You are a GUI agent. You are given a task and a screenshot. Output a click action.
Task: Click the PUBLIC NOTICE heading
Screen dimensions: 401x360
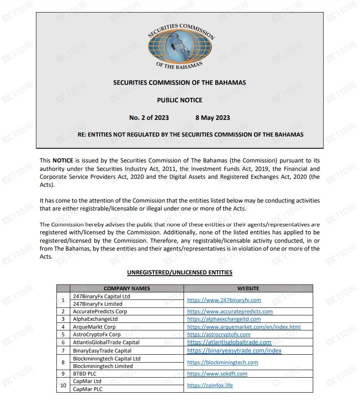[x=179, y=100]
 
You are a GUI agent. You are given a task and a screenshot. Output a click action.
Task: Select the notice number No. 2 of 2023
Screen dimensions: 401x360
[x=149, y=118]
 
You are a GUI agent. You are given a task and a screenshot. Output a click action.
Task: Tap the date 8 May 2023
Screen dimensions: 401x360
[x=212, y=118]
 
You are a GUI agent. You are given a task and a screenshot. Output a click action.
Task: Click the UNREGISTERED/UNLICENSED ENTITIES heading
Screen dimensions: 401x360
[x=179, y=272]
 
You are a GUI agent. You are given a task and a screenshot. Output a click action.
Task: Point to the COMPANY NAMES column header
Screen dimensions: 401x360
[x=127, y=288]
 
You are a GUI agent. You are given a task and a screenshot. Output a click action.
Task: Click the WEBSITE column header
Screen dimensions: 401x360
[x=248, y=288]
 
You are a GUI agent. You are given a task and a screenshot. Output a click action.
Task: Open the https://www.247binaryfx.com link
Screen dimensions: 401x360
[x=224, y=300]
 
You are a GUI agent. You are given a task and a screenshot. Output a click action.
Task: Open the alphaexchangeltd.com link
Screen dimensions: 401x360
[x=224, y=319]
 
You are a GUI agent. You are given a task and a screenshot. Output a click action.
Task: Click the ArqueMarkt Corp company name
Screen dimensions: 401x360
[x=94, y=327]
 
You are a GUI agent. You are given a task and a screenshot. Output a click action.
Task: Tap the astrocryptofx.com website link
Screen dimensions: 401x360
[x=219, y=334]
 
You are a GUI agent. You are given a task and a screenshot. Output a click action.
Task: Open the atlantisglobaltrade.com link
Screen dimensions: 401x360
[x=229, y=342]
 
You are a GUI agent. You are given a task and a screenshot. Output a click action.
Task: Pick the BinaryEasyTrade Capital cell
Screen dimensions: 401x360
[x=102, y=351]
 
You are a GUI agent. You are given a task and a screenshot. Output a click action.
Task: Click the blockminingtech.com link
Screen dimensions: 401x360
[x=222, y=363]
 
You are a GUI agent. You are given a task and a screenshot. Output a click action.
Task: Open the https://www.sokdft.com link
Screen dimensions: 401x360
[x=217, y=374]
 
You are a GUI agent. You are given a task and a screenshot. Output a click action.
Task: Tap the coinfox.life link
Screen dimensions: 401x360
[x=210, y=385]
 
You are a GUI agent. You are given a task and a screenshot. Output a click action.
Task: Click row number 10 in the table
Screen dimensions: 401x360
[x=63, y=385]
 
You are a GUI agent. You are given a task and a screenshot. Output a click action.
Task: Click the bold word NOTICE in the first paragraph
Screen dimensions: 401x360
[x=63, y=160]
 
